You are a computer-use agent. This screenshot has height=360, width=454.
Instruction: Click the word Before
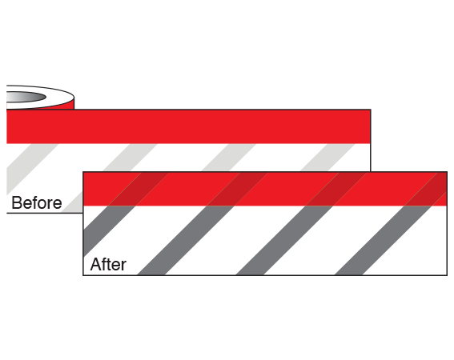(37, 202)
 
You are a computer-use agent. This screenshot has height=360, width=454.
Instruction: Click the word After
(108, 264)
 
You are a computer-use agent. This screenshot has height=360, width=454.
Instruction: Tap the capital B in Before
(16, 202)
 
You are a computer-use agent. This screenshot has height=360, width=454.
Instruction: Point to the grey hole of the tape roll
(26, 97)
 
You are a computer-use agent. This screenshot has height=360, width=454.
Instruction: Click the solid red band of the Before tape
(188, 126)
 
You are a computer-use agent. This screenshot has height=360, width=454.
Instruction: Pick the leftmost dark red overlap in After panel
(139, 189)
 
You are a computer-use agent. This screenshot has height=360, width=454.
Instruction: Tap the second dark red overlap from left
(238, 189)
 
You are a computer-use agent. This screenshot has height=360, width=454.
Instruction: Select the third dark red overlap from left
(336, 189)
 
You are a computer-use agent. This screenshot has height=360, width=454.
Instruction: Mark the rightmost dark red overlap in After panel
(428, 189)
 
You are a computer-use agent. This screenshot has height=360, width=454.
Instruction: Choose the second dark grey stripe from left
(185, 240)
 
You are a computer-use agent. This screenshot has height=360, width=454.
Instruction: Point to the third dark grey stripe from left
(284, 240)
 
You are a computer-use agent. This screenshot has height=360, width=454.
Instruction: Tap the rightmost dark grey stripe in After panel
(383, 240)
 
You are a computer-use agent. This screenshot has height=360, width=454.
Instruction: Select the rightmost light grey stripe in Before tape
(327, 157)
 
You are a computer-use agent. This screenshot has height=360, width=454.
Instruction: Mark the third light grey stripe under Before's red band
(229, 157)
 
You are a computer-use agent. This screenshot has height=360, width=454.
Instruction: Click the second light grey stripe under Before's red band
(130, 157)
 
